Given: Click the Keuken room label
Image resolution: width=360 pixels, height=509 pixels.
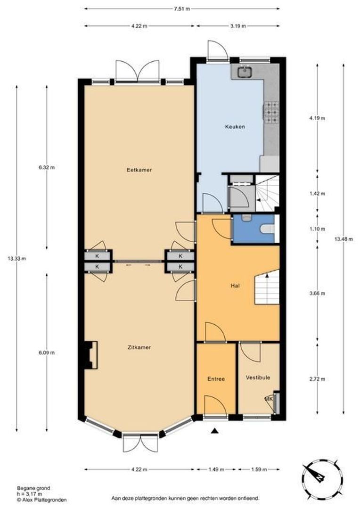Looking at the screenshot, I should coord(235,126).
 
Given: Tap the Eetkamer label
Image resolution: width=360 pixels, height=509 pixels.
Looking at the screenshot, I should coord(139,170).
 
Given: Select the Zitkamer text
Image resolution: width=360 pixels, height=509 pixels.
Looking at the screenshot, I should coord(139,348).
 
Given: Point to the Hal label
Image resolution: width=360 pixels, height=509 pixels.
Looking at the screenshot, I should coord(235,285).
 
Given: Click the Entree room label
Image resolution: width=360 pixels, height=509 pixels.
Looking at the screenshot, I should coord(216,379).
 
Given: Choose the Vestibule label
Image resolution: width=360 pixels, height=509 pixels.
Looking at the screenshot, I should coord(258,378).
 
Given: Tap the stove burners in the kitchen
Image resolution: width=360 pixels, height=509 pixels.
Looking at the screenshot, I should coord(271,112).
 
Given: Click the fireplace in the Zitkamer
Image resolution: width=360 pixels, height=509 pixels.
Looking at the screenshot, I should coord(90,355).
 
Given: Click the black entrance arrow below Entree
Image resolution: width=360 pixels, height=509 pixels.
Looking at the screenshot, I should coord(215,430).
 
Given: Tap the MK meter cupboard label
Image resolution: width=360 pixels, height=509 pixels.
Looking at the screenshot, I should coord(269,399).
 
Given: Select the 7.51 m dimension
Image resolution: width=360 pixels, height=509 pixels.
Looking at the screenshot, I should coord(181,8).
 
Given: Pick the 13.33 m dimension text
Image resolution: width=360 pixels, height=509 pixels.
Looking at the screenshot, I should coord(17,258).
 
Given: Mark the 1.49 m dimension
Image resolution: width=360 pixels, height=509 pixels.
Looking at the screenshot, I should coord(216,469).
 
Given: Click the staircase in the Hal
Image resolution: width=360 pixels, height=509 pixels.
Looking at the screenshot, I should coord(267,288).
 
